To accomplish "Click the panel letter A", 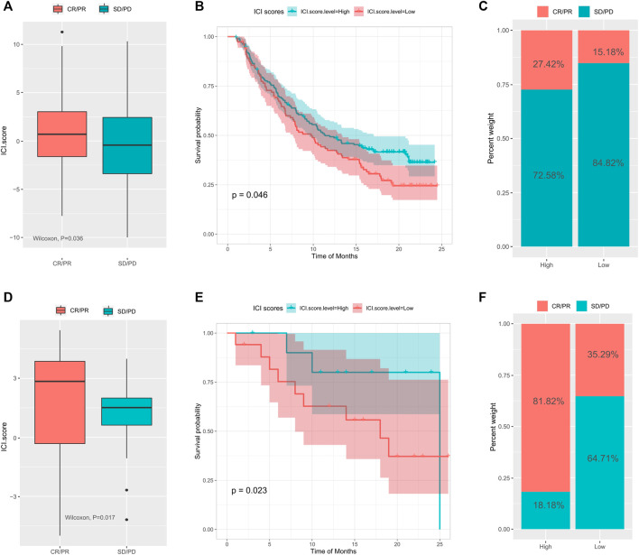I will tap(6, 9).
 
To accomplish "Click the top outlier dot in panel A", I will tap(62, 32).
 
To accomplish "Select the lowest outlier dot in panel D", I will tap(126, 519).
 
